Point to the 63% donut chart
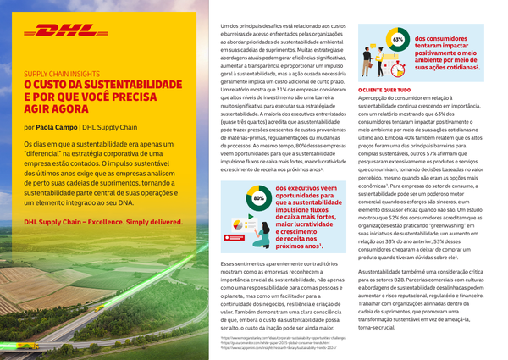[398, 40]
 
